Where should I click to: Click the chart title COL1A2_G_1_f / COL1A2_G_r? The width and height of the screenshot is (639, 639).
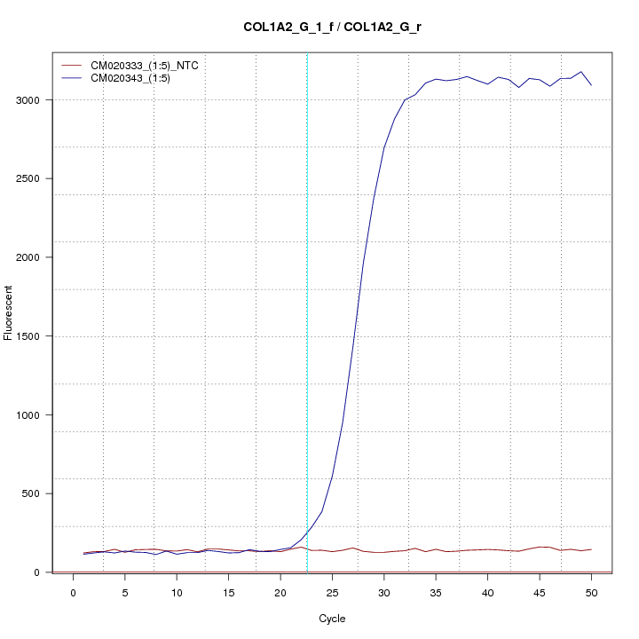332,27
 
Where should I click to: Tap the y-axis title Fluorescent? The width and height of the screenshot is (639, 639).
9,312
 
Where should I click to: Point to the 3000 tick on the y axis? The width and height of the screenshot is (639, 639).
32,100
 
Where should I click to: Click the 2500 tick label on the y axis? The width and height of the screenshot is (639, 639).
32,178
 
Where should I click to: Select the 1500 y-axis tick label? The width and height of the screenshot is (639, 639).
32,336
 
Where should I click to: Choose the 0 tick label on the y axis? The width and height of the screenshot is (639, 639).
42,572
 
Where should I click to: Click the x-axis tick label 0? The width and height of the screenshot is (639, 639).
74,592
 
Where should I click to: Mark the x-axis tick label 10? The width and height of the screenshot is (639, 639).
177,592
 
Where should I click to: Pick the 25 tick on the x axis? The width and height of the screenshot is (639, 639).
332,592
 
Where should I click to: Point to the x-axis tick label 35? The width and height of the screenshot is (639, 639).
436,592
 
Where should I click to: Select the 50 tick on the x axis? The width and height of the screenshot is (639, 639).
591,592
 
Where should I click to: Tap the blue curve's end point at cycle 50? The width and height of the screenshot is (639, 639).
591,85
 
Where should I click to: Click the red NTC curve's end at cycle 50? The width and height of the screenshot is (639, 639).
591,549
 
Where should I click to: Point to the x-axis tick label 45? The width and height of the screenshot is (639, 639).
540,592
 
